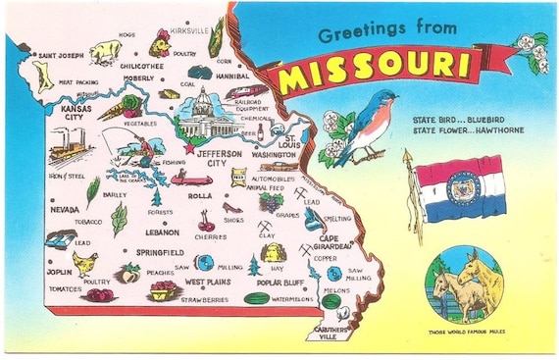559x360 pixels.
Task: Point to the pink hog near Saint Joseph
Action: tap(103, 51)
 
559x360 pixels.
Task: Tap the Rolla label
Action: tap(200, 195)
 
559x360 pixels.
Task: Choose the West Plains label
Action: tap(208, 283)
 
